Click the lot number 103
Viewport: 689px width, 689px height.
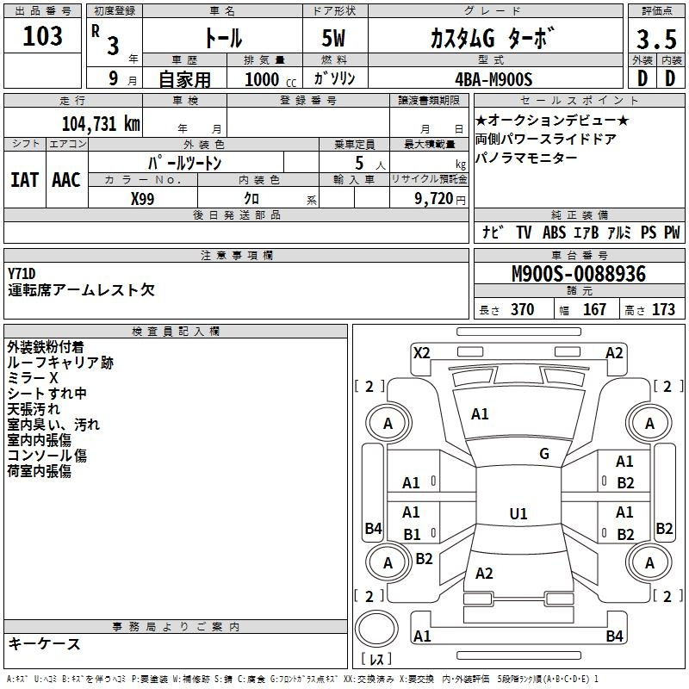[x=42, y=35]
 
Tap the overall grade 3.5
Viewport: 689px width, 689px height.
[x=656, y=39]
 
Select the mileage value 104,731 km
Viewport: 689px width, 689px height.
[x=101, y=123]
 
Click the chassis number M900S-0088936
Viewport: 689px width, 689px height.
[x=579, y=274]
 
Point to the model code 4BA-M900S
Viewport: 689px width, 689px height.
[x=493, y=79]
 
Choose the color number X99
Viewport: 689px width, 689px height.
[x=142, y=199]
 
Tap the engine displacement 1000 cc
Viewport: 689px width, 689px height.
[x=270, y=79]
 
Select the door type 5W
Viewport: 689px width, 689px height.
[x=333, y=38]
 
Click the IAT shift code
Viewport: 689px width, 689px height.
[x=25, y=180]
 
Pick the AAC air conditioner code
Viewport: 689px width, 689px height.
[x=66, y=180]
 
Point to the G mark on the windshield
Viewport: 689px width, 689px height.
[x=544, y=454]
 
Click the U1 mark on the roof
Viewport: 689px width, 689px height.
[x=518, y=513]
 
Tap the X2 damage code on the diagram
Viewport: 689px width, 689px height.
[x=421, y=353]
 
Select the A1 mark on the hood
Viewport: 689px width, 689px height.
[x=480, y=414]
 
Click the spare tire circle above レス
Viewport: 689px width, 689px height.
[x=376, y=630]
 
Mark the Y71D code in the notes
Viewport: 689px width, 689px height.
[x=22, y=274]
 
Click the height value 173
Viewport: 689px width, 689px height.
[x=663, y=309]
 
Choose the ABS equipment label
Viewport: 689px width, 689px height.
[x=554, y=232]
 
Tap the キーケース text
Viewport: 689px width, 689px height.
[x=45, y=643]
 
